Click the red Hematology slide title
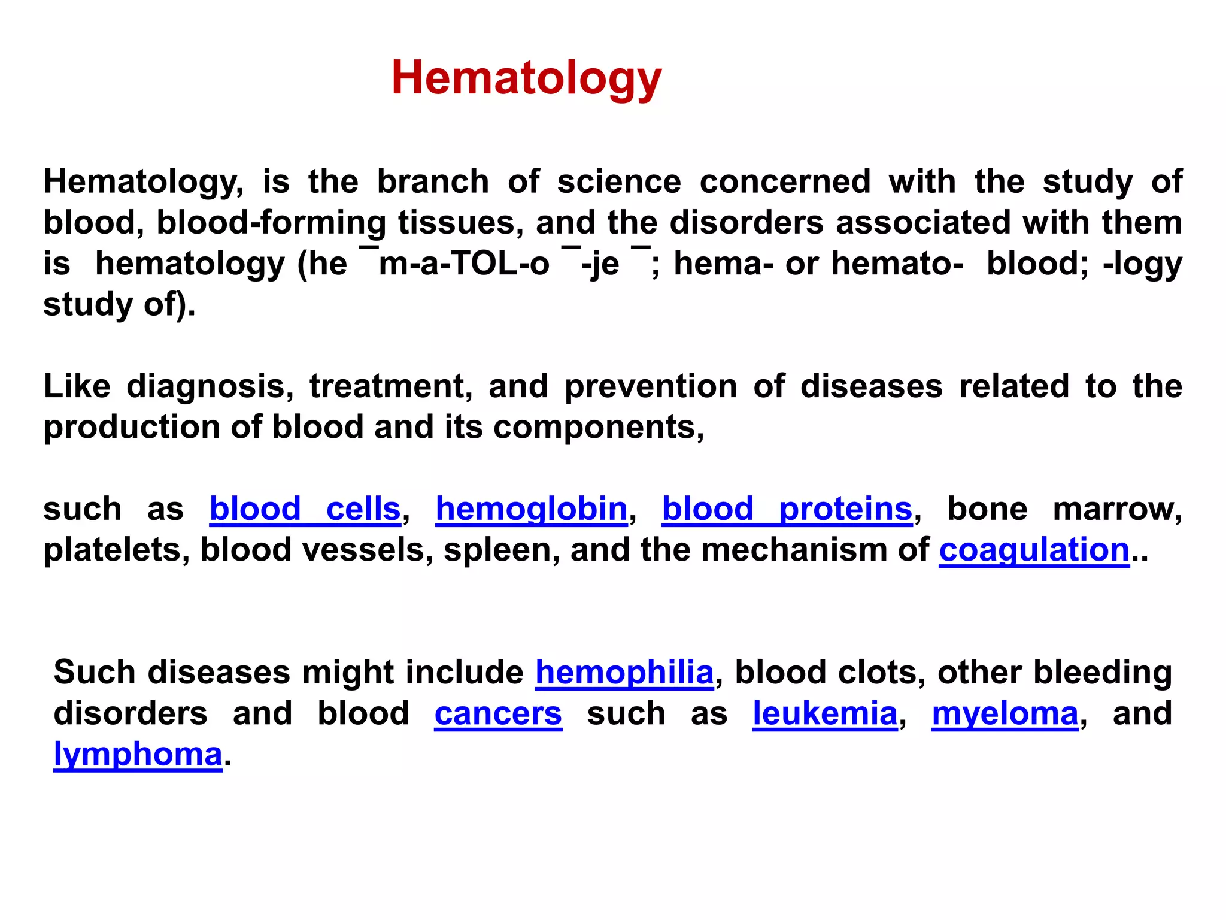point(526,78)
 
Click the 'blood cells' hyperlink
point(305,509)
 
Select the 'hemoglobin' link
point(532,509)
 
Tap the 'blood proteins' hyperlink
point(787,509)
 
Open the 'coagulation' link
point(1034,550)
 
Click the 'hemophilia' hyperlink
point(624,672)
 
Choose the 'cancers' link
point(498,713)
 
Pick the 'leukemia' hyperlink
point(825,713)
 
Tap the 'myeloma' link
point(1005,713)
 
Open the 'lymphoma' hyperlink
point(138,754)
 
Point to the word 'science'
point(619,181)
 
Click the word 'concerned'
point(785,181)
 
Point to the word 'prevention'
point(651,386)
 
